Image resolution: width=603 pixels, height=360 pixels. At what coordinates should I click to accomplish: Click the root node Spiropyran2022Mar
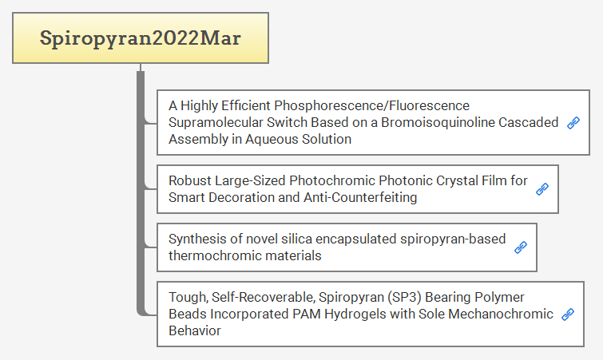141,38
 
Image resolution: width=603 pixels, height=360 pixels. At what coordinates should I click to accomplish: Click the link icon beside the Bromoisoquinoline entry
573,123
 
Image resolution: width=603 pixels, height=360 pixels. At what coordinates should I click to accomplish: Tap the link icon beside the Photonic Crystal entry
542,189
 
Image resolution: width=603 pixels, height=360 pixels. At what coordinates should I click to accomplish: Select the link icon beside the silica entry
521,247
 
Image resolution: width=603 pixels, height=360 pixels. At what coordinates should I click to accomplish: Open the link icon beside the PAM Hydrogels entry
568,315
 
